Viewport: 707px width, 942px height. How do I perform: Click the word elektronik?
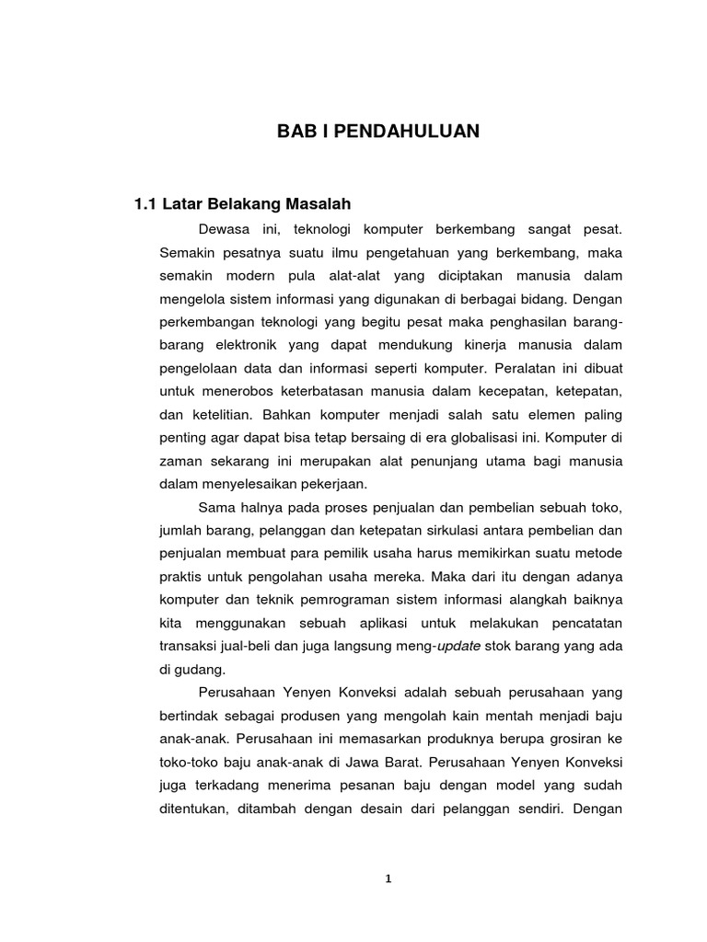pyautogui.click(x=249, y=346)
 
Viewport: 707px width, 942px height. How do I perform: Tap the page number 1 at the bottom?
pyautogui.click(x=388, y=879)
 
